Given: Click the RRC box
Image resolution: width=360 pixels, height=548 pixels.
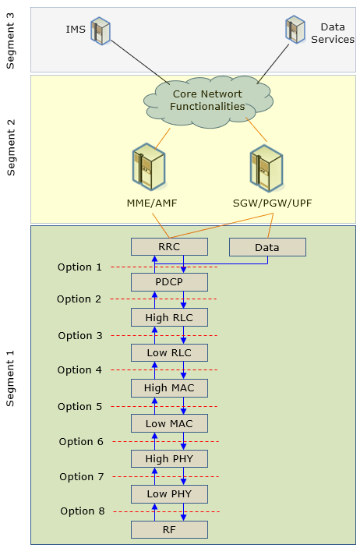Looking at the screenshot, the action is click(x=169, y=247).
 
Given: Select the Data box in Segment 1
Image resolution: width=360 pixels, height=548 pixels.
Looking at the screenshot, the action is click(x=267, y=247).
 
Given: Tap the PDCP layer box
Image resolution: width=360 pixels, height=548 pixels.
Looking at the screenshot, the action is click(x=169, y=282).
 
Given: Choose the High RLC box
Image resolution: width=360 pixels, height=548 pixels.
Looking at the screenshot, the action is click(x=169, y=317).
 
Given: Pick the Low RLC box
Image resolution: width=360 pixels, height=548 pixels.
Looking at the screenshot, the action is click(x=169, y=352).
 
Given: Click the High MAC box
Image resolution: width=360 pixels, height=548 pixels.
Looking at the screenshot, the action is click(x=169, y=388).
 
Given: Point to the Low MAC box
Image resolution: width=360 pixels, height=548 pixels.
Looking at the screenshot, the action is click(x=169, y=423).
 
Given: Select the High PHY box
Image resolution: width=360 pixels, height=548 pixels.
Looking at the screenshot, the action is click(x=169, y=458).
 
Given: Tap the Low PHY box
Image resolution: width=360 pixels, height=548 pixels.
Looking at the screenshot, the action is click(x=169, y=494).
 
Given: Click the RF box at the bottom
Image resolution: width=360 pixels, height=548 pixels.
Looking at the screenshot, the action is click(x=169, y=529).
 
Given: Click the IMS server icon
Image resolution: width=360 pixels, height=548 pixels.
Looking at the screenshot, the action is click(x=101, y=30).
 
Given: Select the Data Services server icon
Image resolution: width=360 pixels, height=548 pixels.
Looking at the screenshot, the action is click(x=295, y=30).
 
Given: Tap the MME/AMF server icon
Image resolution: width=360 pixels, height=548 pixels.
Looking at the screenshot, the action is click(x=150, y=167).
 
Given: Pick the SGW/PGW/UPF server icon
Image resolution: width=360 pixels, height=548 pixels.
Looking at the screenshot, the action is click(x=267, y=168).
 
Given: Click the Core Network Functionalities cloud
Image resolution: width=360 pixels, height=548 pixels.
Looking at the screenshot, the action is click(x=208, y=102).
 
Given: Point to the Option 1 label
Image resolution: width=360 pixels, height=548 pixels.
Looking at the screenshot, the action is click(x=79, y=267).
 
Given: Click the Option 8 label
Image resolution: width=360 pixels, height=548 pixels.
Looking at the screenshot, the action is click(x=83, y=511).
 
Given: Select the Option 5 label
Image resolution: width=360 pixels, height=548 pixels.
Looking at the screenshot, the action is click(x=79, y=406).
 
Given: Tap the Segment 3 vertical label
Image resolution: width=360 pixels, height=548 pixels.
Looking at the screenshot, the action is click(x=10, y=41).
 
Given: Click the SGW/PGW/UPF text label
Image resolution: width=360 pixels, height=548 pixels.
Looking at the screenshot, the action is click(x=272, y=203).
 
